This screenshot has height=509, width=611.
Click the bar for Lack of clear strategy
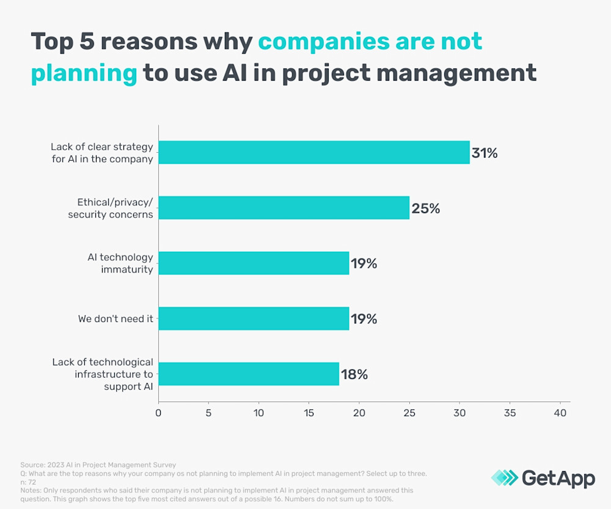tap(314, 152)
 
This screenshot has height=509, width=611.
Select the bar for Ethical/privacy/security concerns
tap(284, 208)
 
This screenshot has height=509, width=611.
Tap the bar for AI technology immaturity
tap(254, 263)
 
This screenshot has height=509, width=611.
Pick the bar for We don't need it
tap(254, 318)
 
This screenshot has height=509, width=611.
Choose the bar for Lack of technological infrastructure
tap(249, 374)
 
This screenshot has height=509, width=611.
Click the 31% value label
tap(485, 153)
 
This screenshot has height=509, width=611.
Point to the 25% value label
tap(425, 208)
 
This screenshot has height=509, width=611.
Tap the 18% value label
tap(354, 375)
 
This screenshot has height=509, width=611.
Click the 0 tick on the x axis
tap(159, 413)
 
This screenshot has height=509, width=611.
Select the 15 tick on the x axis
tap(309, 413)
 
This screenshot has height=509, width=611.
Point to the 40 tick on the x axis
tap(560, 413)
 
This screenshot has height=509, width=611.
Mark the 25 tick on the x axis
tap(409, 413)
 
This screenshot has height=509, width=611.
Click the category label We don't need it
tap(115, 319)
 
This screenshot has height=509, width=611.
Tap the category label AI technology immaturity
tap(120, 263)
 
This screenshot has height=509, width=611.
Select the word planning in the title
tap(84, 72)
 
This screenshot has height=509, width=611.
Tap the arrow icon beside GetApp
tap(503, 478)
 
